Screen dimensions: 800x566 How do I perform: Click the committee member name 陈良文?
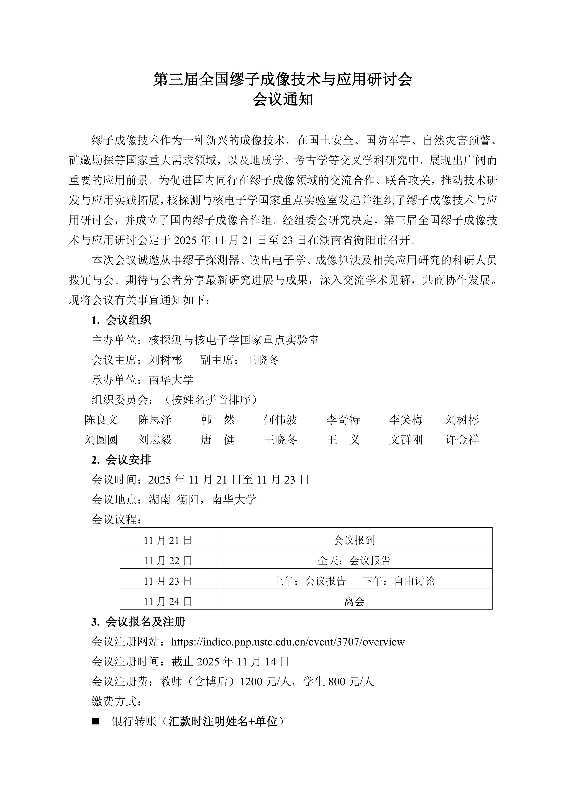pos(101,420)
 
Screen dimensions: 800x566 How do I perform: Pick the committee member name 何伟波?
pos(280,420)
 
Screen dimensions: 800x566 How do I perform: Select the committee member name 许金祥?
pos(462,440)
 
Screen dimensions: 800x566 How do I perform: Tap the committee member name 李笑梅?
pos(406,420)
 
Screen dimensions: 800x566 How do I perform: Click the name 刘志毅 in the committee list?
pos(155,440)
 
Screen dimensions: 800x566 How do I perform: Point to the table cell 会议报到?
pos(354,540)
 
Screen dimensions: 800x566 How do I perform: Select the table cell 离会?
pos(354,601)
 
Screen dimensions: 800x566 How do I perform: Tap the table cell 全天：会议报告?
pos(354,561)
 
